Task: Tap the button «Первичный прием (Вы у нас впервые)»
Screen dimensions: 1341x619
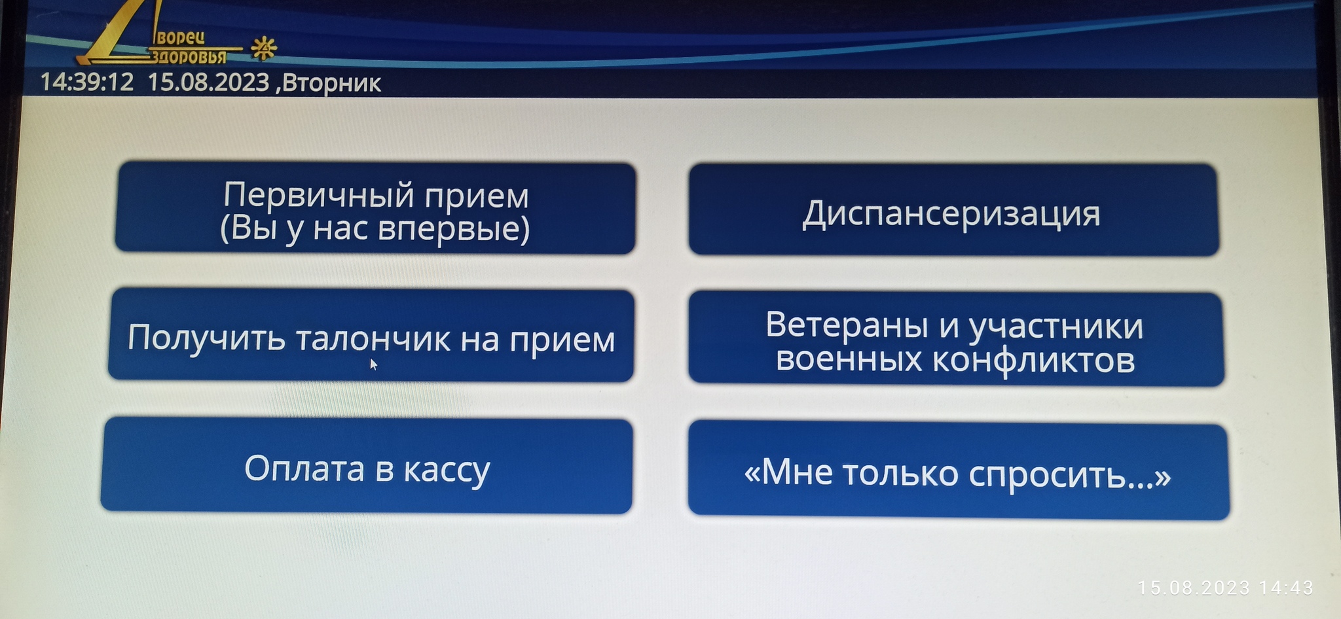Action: point(375,208)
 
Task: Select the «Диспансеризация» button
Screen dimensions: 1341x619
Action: point(953,210)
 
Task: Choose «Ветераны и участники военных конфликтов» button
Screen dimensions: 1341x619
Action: point(956,339)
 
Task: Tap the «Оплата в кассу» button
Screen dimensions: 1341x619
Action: point(367,466)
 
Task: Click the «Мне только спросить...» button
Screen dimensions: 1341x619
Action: point(959,472)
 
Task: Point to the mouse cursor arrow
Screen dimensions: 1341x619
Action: point(374,364)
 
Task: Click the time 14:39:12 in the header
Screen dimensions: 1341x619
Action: point(87,82)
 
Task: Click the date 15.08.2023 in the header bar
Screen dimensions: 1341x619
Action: point(208,82)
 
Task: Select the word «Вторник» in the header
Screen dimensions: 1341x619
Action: point(332,84)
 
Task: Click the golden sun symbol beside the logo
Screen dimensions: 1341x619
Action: point(264,48)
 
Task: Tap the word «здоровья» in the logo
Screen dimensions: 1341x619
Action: point(189,56)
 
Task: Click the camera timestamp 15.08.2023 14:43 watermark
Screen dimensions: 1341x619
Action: point(1225,588)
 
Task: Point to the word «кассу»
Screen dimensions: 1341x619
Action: point(447,471)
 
